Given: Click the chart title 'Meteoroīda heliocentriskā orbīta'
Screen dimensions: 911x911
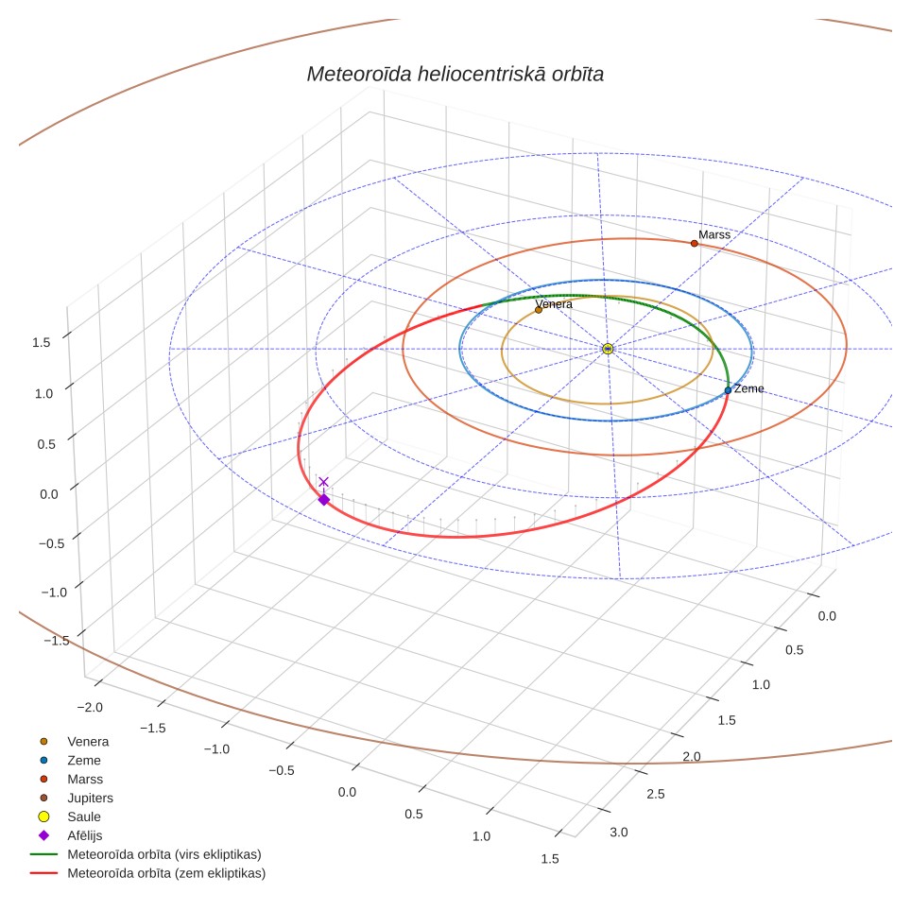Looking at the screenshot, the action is [x=455, y=75].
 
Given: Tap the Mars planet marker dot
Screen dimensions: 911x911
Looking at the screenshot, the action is [x=695, y=244].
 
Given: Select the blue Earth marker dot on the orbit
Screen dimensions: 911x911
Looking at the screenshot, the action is [x=728, y=390].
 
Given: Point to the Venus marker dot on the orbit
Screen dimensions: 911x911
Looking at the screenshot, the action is [x=539, y=310].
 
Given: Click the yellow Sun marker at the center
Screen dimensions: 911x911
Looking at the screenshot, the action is [x=608, y=349].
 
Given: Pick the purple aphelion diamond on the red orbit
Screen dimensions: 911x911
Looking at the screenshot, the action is [x=324, y=500].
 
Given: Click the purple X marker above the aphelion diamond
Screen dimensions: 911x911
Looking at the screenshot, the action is [x=323, y=482].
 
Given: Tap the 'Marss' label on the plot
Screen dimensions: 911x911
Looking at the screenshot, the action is [x=714, y=234].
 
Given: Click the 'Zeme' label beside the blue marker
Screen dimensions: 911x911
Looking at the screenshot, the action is [x=748, y=388].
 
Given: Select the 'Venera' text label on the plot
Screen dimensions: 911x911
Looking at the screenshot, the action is [x=554, y=304].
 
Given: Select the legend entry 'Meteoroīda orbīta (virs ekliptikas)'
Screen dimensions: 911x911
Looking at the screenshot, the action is [x=146, y=854].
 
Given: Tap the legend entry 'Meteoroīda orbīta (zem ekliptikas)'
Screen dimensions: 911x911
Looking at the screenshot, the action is [x=148, y=873].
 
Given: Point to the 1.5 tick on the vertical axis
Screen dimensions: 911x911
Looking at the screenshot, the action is [x=42, y=342].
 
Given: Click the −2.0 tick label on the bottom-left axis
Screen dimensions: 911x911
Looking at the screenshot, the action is [x=90, y=707].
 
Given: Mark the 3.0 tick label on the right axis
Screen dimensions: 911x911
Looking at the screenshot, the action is [x=619, y=832].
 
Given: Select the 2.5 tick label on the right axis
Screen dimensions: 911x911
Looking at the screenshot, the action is [x=656, y=794].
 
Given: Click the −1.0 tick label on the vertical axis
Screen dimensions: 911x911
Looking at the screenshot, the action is [x=54, y=592].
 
